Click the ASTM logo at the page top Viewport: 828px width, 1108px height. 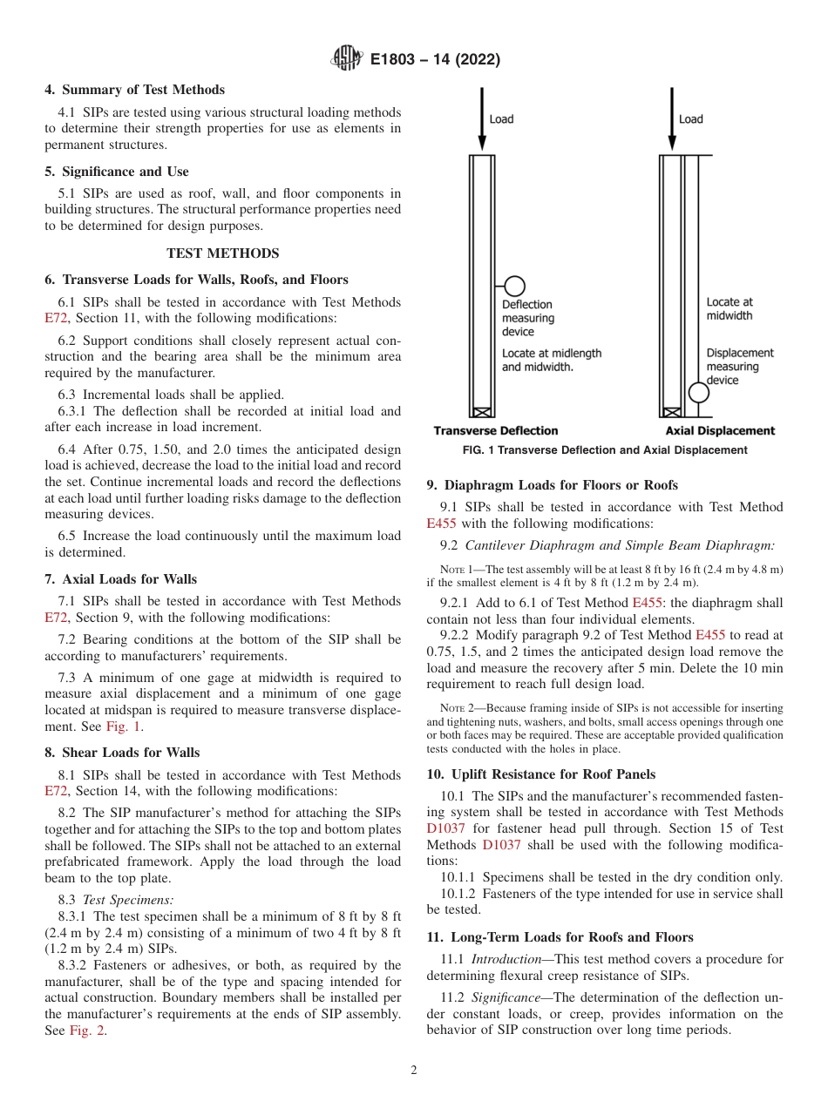[347, 59]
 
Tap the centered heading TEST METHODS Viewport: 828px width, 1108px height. [222, 253]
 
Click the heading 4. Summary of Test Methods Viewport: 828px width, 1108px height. [134, 90]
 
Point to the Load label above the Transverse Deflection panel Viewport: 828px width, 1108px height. [501, 119]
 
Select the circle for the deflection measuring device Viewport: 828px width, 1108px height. [514, 286]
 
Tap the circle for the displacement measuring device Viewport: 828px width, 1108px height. [699, 393]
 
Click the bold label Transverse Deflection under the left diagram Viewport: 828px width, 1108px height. [495, 431]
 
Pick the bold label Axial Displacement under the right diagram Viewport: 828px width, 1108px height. [720, 431]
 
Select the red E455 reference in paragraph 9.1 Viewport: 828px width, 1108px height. [441, 524]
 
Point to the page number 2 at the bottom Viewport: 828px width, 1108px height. [414, 1071]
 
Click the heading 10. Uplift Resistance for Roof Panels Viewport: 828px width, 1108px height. [540, 774]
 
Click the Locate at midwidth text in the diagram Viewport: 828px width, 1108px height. [729, 308]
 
